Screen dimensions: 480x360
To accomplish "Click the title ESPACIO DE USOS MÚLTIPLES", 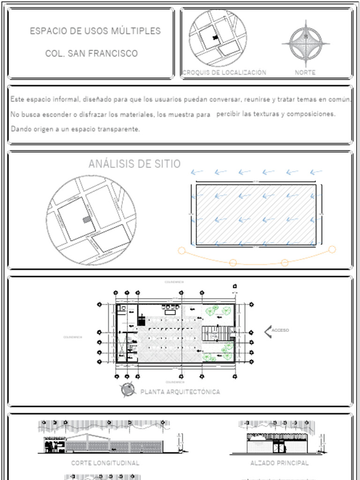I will click(95, 31).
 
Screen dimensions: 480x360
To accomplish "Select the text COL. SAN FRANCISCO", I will click(91, 53).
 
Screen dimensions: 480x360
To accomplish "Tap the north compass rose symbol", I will click(306, 44).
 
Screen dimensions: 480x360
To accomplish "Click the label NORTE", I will click(305, 73).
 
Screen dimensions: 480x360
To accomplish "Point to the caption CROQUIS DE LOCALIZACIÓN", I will click(224, 73).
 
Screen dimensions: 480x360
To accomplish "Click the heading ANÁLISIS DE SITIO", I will click(134, 164).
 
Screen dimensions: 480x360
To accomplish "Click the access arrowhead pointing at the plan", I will click(268, 331).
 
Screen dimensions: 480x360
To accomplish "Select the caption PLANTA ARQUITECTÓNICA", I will click(180, 392).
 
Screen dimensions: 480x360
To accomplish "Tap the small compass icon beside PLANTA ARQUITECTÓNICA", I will click(127, 390).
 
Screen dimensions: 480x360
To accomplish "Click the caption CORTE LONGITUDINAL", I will click(105, 463).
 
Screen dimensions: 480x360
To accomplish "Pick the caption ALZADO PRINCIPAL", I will click(279, 463).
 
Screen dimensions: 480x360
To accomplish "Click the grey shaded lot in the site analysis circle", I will click(86, 219).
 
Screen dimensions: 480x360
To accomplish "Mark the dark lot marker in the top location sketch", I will click(216, 37).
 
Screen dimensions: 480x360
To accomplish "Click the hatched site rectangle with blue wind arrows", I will click(255, 215).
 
